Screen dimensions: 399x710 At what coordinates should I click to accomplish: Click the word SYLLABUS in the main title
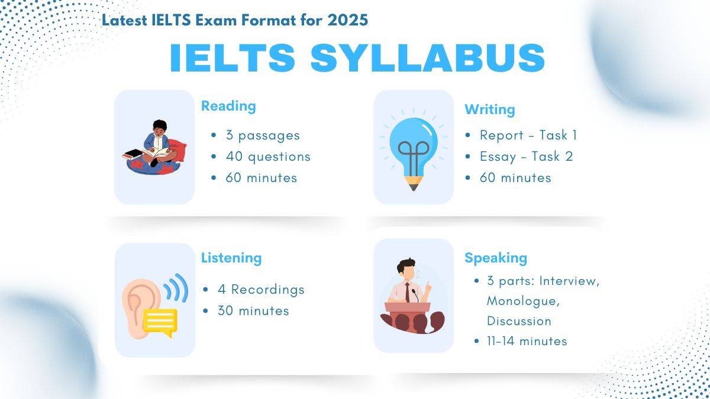(427, 58)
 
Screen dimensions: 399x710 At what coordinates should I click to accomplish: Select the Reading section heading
(228, 106)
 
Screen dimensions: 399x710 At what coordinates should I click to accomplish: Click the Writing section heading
(489, 109)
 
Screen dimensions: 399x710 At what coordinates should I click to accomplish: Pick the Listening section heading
(231, 258)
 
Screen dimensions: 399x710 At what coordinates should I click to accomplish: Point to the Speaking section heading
(495, 258)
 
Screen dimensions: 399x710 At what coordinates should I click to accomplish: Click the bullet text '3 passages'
(262, 135)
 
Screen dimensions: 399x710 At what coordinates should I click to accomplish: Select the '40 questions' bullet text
(267, 157)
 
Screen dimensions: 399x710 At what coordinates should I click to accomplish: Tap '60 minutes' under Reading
(261, 178)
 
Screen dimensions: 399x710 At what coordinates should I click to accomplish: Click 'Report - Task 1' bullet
(528, 135)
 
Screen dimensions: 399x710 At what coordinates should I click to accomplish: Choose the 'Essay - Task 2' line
(526, 157)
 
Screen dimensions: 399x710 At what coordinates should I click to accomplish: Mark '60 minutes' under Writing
(515, 178)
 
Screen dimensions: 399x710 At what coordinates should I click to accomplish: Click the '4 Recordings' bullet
(267, 290)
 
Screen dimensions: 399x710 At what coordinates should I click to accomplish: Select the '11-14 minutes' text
(527, 341)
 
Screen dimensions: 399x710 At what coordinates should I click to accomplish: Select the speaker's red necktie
(407, 291)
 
